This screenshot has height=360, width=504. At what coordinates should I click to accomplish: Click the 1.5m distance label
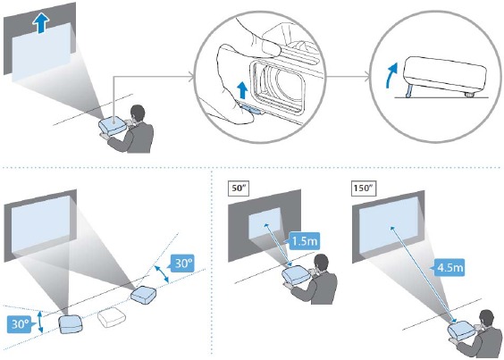[304, 241]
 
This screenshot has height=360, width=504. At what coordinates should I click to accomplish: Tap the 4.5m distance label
[449, 267]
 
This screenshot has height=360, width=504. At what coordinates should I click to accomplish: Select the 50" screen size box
[239, 188]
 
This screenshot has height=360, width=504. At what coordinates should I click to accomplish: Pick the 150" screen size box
[364, 188]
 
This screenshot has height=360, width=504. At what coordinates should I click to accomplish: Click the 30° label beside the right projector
[182, 264]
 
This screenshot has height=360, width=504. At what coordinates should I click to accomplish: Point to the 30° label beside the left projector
[20, 323]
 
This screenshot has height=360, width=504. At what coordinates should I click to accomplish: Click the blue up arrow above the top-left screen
[41, 24]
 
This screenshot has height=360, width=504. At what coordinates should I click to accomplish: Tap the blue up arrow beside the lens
[243, 89]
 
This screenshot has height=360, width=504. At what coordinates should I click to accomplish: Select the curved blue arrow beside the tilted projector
[391, 75]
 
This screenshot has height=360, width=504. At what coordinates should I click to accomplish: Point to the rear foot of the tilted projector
[469, 95]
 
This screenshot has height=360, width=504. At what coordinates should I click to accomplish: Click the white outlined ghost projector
[112, 317]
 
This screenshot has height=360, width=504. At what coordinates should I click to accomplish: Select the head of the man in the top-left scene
[138, 114]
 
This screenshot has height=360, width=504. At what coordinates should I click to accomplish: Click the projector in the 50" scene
[296, 275]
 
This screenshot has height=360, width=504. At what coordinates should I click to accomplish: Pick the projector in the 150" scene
[462, 331]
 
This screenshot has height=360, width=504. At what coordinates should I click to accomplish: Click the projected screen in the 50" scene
[265, 223]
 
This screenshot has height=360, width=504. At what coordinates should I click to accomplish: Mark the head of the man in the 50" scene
[321, 264]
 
